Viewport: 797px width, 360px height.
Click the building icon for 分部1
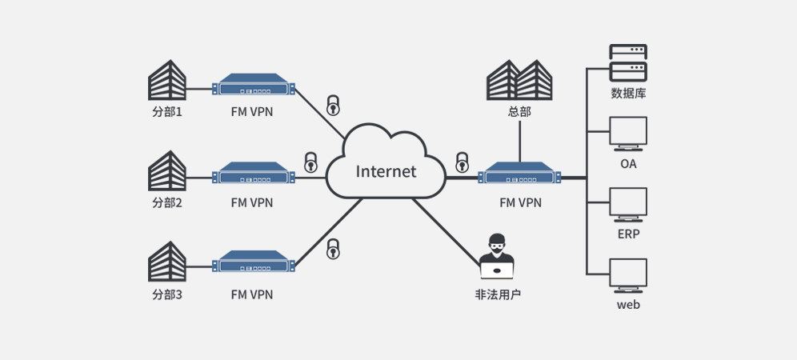pyautogui.click(x=167, y=81)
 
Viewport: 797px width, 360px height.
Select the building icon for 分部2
pyautogui.click(x=167, y=170)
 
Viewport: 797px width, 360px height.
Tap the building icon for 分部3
pyautogui.click(x=167, y=262)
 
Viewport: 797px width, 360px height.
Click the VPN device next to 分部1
pyautogui.click(x=254, y=85)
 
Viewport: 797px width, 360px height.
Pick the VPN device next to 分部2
pyautogui.click(x=254, y=174)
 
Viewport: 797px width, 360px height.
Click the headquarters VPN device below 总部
pyautogui.click(x=520, y=174)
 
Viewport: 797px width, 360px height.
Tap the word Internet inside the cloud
pyautogui.click(x=386, y=171)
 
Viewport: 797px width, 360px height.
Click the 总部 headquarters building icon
pyautogui.click(x=520, y=80)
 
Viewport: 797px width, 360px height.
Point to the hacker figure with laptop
pyautogui.click(x=497, y=256)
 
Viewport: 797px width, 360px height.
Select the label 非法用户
pyautogui.click(x=498, y=294)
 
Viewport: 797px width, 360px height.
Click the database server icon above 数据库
pyautogui.click(x=628, y=62)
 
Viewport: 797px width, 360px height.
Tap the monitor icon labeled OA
pyautogui.click(x=628, y=134)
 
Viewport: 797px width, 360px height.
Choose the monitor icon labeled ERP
pyautogui.click(x=628, y=205)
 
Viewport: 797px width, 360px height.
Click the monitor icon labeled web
pyautogui.click(x=628, y=275)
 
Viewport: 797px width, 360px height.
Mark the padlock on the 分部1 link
pyautogui.click(x=333, y=105)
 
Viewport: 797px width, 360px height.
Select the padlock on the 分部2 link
pyautogui.click(x=310, y=162)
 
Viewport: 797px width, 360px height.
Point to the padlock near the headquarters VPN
pyautogui.click(x=461, y=162)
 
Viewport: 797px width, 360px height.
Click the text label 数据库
pyautogui.click(x=628, y=94)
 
